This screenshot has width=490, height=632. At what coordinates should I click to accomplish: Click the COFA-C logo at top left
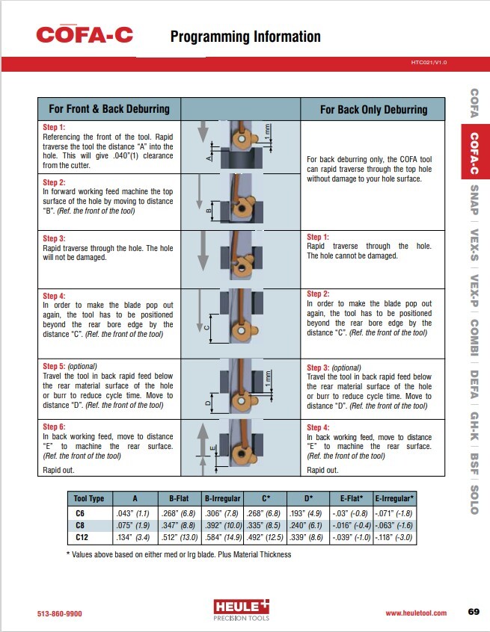pyautogui.click(x=85, y=34)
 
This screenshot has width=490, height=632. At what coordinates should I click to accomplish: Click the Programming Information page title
pyautogui.click(x=245, y=37)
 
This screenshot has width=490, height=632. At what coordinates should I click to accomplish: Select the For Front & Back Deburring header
pyautogui.click(x=109, y=109)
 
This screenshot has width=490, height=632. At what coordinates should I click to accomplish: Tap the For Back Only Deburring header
pyautogui.click(x=373, y=109)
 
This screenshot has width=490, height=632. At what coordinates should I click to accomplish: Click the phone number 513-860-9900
pyautogui.click(x=59, y=613)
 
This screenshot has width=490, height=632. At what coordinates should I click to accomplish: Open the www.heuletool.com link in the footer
pyautogui.click(x=416, y=613)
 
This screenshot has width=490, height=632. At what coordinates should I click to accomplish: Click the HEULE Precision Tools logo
pyautogui.click(x=241, y=609)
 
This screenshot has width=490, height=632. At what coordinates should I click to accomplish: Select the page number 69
pyautogui.click(x=473, y=613)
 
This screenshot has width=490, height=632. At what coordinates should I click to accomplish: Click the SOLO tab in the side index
pyautogui.click(x=474, y=499)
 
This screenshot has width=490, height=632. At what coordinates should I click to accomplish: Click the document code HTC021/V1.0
pyautogui.click(x=429, y=63)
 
